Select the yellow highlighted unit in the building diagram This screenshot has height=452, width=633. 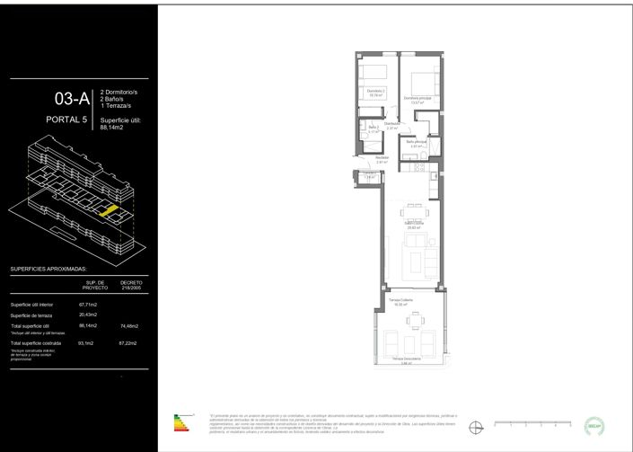[108, 210]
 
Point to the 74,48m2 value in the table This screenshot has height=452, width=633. [130, 325]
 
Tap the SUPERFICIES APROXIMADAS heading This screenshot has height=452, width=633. [58, 269]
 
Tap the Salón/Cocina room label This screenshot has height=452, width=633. [414, 225]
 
